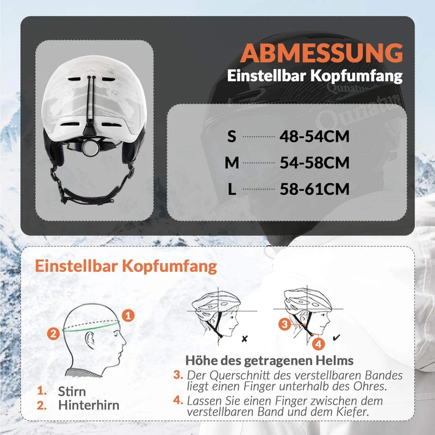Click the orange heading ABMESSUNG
[x=321, y=53]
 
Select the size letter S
[x=232, y=136]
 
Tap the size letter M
[x=232, y=163]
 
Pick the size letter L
[x=232, y=189]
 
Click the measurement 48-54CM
[x=314, y=136]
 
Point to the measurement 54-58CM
[x=314, y=163]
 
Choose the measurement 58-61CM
[x=314, y=189]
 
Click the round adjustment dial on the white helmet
[x=90, y=147]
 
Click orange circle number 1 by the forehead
[x=128, y=315]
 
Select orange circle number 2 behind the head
[x=53, y=333]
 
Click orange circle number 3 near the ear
[x=284, y=324]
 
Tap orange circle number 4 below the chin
[x=319, y=344]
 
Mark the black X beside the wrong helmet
[x=244, y=339]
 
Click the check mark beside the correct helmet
[x=336, y=338]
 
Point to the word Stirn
[x=72, y=391]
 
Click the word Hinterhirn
[x=89, y=405]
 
